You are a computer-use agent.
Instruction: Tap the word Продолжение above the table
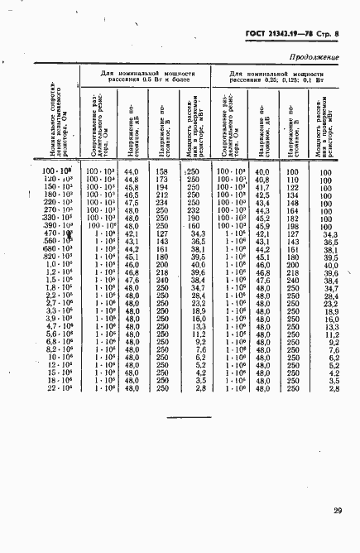(x=315, y=57)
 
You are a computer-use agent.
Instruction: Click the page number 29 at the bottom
(x=338, y=510)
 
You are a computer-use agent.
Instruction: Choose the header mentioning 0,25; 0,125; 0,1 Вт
(x=277, y=78)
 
